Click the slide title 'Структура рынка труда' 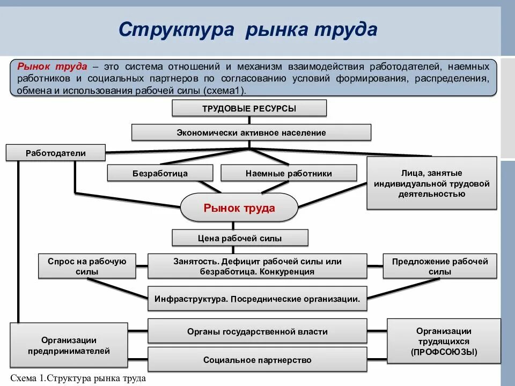(248, 29)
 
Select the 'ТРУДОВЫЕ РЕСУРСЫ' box (249, 108)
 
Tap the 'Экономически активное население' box (251, 132)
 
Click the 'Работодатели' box (56, 153)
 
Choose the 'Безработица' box (160, 173)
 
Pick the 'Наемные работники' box (289, 173)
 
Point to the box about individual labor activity (431, 183)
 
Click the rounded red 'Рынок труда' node (239, 208)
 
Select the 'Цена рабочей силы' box (240, 238)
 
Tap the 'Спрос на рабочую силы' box (87, 266)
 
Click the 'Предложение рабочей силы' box (440, 266)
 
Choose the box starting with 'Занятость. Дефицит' (257, 266)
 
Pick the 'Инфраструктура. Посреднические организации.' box (257, 299)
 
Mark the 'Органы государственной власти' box (257, 332)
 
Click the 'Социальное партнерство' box (257, 360)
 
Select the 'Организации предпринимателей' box (69, 346)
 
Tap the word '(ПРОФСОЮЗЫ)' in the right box (444, 352)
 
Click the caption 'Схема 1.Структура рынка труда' (78, 378)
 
